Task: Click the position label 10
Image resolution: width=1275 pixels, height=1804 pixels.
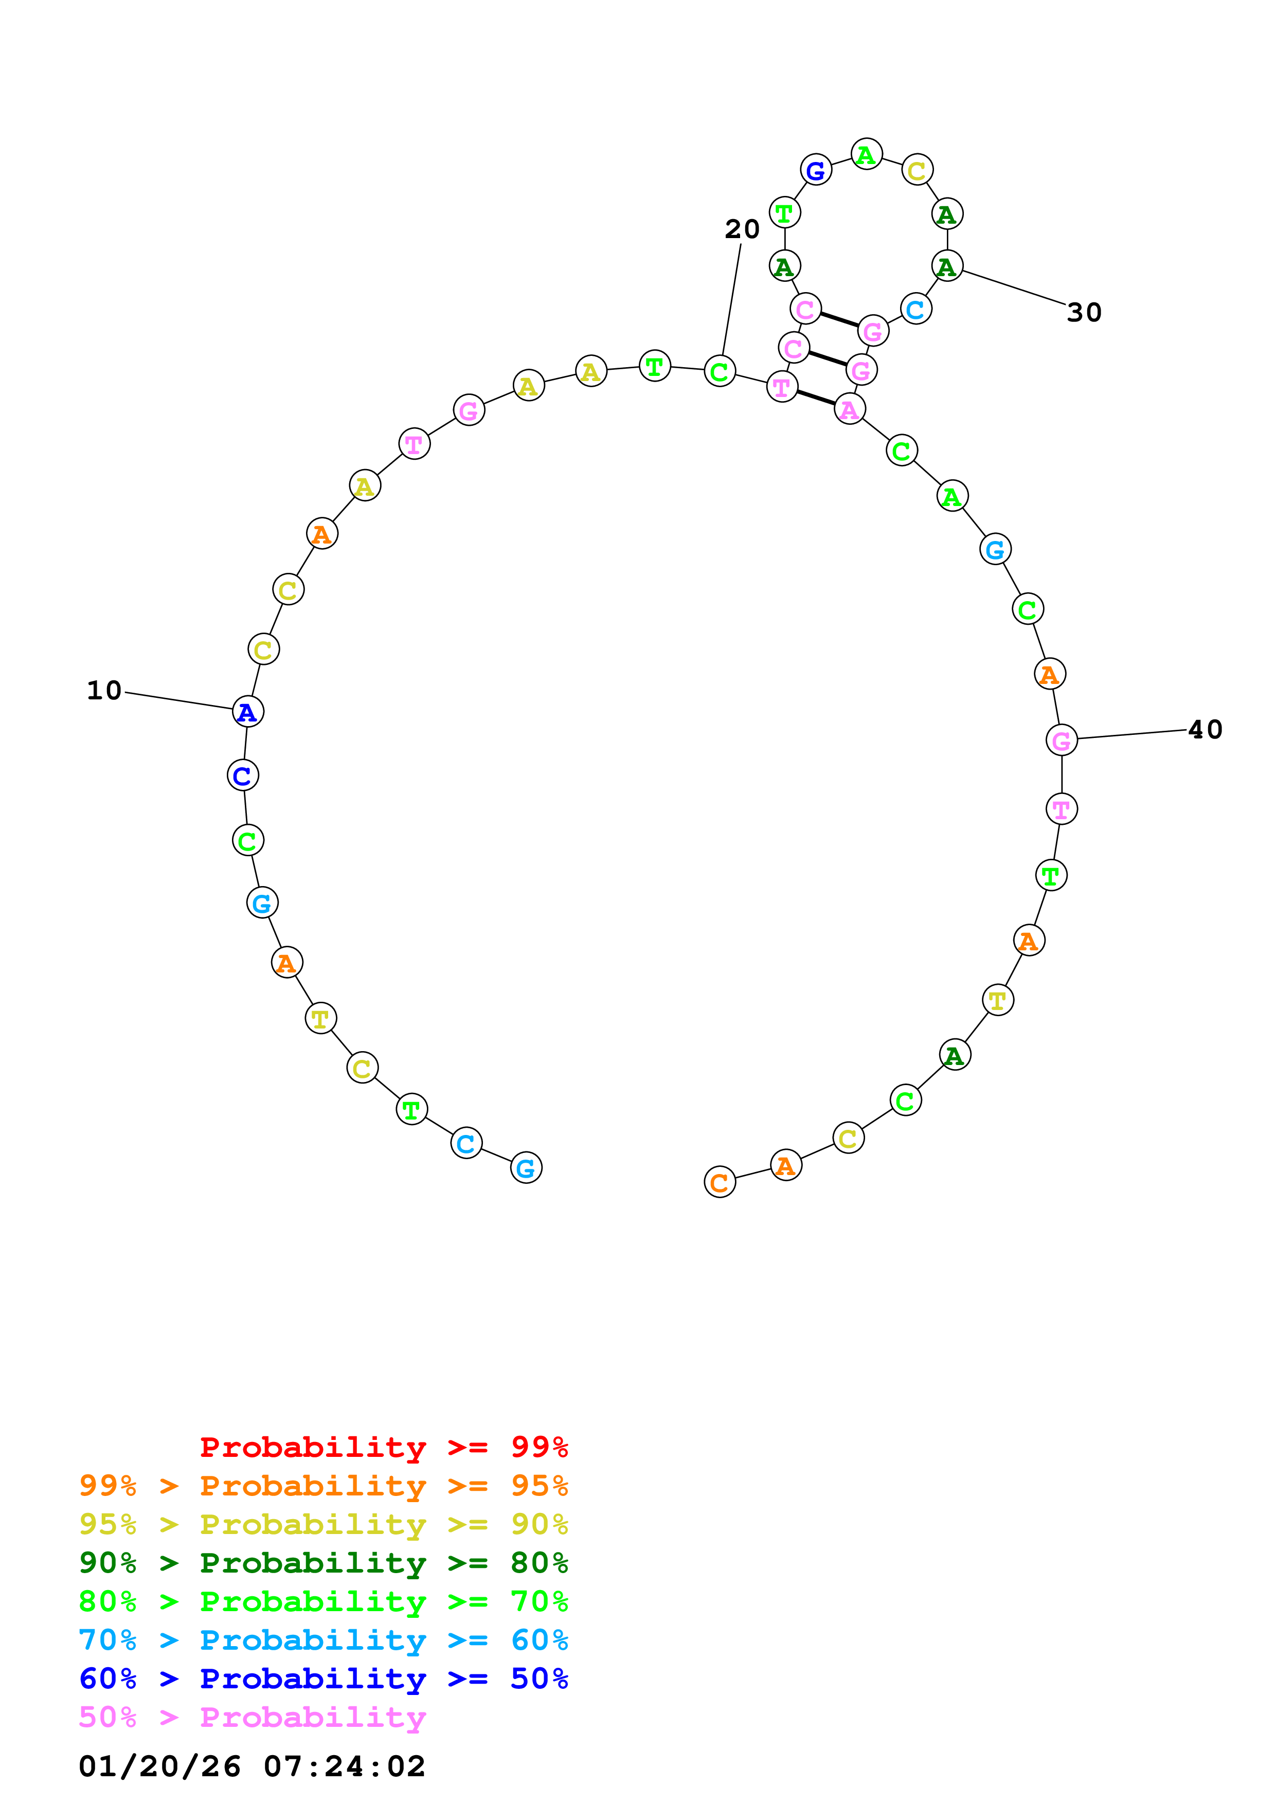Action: pos(104,691)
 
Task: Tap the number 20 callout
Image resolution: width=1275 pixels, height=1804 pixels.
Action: pos(742,229)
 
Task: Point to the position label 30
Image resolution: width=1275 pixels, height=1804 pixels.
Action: pos(1084,313)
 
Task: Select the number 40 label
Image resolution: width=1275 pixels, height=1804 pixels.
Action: pos(1205,730)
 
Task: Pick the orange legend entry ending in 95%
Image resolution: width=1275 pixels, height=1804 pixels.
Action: pos(324,1486)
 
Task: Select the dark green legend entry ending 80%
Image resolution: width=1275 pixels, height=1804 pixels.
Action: pos(324,1563)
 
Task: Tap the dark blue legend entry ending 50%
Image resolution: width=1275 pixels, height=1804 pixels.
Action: pos(324,1679)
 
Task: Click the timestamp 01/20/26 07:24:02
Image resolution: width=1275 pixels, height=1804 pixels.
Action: pos(252,1766)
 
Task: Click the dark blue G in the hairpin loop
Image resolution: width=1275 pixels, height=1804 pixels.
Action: pos(815,170)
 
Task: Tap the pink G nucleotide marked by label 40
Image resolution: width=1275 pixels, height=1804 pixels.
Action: pos(1062,740)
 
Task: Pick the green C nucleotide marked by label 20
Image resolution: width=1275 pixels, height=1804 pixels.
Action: pos(720,372)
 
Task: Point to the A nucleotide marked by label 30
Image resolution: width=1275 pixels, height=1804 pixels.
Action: pos(947,266)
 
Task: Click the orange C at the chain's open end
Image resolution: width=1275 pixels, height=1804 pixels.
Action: pos(720,1182)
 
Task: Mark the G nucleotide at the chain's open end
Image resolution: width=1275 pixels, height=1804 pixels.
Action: pos(526,1167)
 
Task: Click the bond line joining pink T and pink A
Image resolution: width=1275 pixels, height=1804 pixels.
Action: pos(815,398)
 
